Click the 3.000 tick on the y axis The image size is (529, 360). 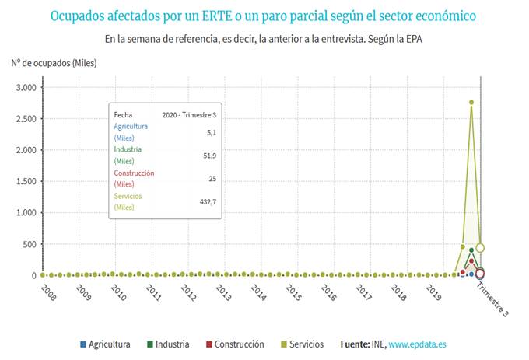(26, 88)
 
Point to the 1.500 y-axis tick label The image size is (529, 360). (26, 181)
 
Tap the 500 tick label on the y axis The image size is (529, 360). (29, 244)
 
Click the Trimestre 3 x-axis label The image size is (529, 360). (492, 299)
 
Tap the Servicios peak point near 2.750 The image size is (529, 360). (471, 102)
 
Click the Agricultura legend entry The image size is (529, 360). (109, 344)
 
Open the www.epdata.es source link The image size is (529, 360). (417, 344)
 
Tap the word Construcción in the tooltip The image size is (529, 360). (134, 173)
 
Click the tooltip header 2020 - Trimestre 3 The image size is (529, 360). (188, 114)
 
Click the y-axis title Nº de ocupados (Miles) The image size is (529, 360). (54, 63)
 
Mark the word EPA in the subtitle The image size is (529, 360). (415, 37)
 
